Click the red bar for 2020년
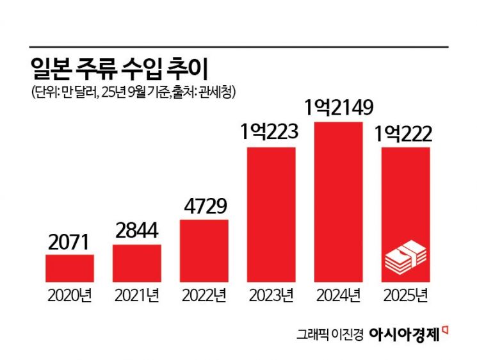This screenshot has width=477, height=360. (70, 268)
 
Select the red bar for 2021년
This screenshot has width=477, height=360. (137, 263)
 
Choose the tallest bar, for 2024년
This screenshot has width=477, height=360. (339, 202)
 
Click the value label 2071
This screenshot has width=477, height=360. (70, 243)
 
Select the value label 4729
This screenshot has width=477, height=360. (204, 208)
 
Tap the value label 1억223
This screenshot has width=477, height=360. (271, 135)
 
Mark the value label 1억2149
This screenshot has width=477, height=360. (339, 108)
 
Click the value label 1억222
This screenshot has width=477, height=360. (406, 135)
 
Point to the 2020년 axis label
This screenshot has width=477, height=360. (70, 295)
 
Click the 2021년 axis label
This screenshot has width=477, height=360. (137, 295)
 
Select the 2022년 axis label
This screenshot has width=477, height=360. (204, 295)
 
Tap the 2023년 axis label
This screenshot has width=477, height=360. (271, 295)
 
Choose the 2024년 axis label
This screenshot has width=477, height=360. (339, 295)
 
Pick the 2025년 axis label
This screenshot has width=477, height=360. (406, 295)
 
